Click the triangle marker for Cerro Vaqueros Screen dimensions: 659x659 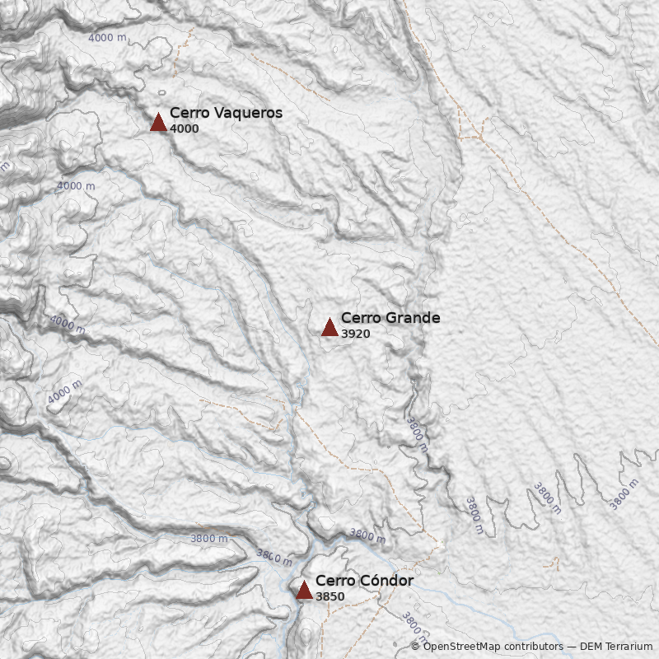tap(158, 122)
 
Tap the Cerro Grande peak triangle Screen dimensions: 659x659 tap(329, 327)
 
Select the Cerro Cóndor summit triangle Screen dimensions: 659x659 tap(304, 590)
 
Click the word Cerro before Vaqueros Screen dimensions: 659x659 tap(187, 114)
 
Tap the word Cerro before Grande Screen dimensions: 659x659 tap(358, 318)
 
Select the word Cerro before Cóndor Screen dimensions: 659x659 tap(333, 581)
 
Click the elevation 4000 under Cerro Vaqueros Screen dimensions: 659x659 tap(184, 129)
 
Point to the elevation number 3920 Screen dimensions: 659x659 tap(355, 334)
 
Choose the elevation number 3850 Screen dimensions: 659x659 tap(329, 596)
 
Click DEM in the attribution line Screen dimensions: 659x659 tap(591, 647)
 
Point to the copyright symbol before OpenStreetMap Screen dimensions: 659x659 tap(416, 647)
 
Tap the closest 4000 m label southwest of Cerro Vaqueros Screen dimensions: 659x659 tap(75, 186)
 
